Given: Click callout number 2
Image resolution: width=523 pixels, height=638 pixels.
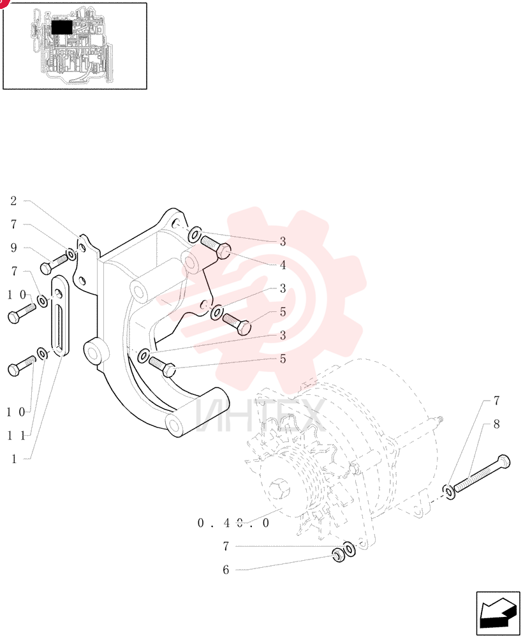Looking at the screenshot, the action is (13, 200).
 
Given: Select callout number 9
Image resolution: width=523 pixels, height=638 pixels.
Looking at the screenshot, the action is (13, 248).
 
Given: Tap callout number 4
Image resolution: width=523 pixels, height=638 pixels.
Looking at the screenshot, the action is (283, 265).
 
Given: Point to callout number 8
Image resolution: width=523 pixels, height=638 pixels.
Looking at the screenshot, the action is (497, 424).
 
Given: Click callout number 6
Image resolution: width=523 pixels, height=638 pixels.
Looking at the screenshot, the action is (226, 570).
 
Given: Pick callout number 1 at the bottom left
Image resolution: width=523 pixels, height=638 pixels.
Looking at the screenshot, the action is (14, 459).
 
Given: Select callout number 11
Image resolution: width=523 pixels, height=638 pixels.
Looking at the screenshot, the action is (17, 436).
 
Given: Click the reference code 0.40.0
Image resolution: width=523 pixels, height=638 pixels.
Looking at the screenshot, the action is (233, 523).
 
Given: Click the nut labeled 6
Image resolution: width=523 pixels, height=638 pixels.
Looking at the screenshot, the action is (339, 556).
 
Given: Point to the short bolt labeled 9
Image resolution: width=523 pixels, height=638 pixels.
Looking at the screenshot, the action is (54, 263).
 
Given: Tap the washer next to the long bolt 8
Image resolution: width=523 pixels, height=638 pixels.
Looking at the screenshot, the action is (450, 493).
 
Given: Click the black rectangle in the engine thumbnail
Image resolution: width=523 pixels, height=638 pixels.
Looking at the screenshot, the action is (62, 27).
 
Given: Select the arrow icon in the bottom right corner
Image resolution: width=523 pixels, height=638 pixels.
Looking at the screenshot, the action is (498, 612).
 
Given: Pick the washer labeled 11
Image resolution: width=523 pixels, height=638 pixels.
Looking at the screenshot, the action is (42, 353).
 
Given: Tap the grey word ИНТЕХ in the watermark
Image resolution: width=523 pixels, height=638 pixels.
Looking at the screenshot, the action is (260, 416).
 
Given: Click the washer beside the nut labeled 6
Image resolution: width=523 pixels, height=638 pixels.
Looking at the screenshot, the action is (350, 549).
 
